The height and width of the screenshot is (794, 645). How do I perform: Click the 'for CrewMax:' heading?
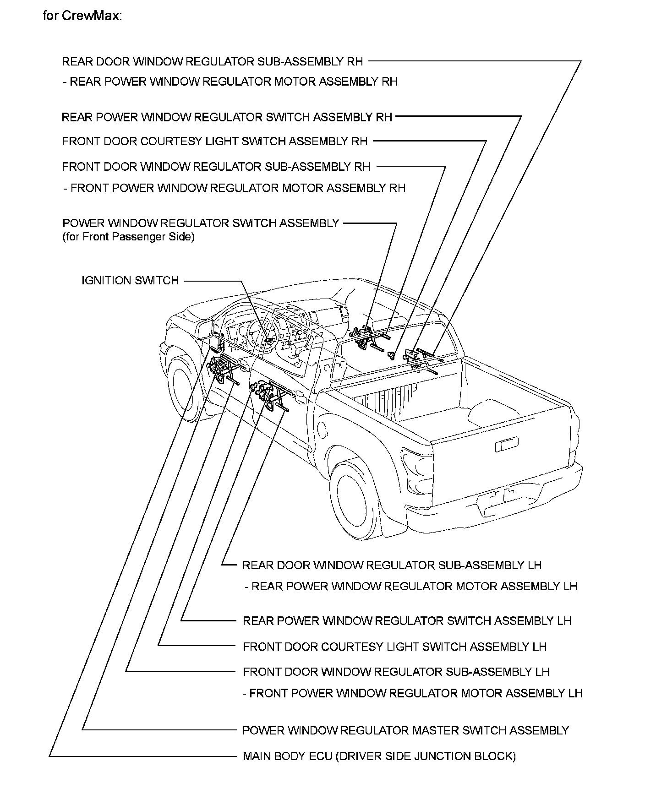pos(82,16)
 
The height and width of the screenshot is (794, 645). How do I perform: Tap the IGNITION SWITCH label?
pos(130,280)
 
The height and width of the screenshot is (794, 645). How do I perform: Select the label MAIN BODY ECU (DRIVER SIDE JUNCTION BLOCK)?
pos(379,756)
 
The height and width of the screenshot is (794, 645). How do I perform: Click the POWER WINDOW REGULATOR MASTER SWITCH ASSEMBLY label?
pos(405,730)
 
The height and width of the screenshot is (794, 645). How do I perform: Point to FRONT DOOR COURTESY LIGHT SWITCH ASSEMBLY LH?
pos(394,647)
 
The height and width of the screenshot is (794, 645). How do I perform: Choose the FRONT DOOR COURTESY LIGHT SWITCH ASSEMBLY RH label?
pos(214,141)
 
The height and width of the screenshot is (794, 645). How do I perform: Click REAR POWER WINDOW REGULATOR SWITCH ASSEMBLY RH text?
pos(227,117)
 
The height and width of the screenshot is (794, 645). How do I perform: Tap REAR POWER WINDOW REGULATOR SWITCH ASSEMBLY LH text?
pos(407,621)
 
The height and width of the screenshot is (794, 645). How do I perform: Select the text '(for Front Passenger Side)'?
pos(128,237)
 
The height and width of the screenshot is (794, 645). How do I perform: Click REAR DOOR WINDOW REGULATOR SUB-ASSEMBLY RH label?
pos(212,61)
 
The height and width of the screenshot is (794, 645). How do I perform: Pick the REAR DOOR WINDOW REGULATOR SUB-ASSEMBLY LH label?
pos(392,565)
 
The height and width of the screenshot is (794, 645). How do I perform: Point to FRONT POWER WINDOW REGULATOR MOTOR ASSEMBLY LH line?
pos(412,693)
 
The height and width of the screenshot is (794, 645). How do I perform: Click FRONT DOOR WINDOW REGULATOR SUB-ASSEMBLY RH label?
pos(216,167)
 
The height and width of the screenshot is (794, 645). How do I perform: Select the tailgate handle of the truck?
pos(506,443)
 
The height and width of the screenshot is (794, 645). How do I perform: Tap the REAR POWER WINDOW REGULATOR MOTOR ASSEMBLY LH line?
pos(411,586)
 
